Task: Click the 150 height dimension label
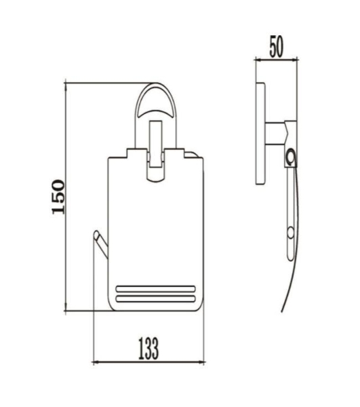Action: coord(58,197)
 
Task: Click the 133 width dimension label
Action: coord(148,349)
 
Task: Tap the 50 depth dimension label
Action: coord(277,47)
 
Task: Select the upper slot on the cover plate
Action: coord(156,289)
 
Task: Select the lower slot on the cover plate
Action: coord(156,298)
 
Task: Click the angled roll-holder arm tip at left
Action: coord(96,233)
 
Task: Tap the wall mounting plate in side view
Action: coord(260,134)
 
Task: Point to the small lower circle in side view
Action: coord(291,233)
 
